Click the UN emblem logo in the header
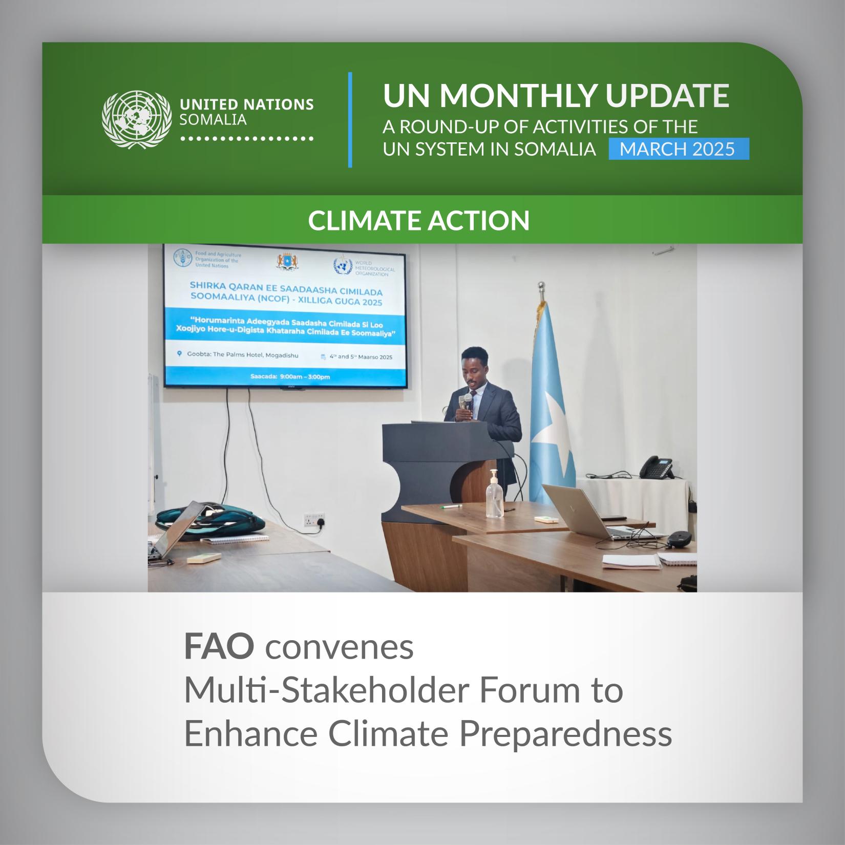(x=137, y=120)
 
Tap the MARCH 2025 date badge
(x=679, y=149)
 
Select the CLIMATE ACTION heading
(x=418, y=220)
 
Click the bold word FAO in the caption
(x=219, y=647)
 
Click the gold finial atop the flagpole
(x=540, y=286)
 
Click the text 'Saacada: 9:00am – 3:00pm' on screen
(x=290, y=377)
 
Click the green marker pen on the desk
(x=451, y=506)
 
